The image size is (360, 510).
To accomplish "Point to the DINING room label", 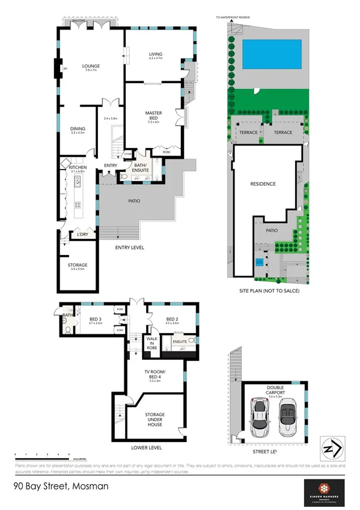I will (78, 128).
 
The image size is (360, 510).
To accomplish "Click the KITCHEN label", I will (78, 167).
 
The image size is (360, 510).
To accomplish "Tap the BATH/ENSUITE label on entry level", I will (141, 168).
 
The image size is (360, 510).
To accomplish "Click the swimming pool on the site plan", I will (271, 55).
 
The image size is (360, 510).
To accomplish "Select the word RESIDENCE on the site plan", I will (263, 184).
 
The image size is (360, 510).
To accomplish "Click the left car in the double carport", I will (259, 417).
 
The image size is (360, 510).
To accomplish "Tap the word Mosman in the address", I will (78, 485).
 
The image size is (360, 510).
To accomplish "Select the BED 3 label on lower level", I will (95, 319).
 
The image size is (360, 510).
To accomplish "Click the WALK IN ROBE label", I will (152, 344).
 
